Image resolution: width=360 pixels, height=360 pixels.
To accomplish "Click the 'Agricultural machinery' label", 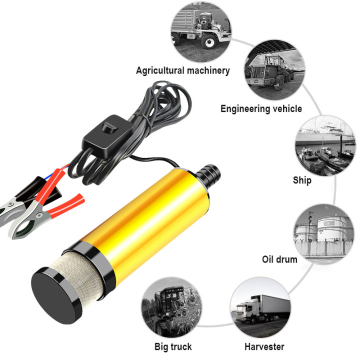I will coord(182,70).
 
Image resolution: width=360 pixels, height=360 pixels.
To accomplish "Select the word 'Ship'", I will coord(302,180).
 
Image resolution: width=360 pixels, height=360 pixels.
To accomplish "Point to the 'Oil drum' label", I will coord(279,259).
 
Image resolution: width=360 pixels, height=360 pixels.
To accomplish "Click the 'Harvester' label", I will coord(264,346).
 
